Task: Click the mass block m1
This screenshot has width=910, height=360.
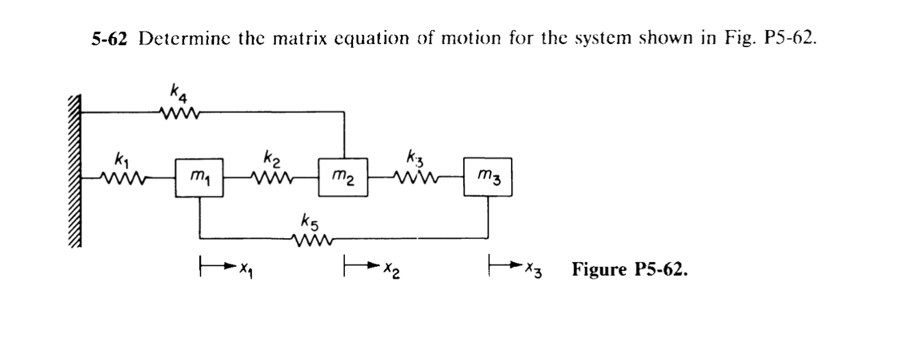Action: [199, 178]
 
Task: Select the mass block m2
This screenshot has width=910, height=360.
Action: [343, 178]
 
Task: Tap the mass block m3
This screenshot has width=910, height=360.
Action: [487, 178]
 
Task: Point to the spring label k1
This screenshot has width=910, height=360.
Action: [120, 163]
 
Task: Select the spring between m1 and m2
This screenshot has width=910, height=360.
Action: [272, 179]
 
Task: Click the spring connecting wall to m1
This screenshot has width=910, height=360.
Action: [123, 179]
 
